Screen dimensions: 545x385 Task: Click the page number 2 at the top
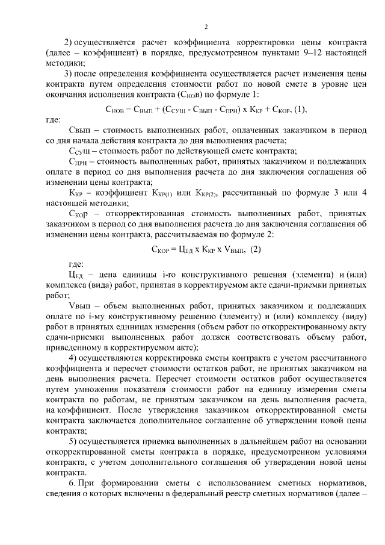pyautogui.click(x=206, y=26)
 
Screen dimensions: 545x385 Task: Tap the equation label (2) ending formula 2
pyautogui.click(x=255, y=249)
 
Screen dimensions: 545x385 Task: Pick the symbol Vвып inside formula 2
pyautogui.click(x=233, y=249)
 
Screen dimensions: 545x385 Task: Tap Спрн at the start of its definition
pyautogui.click(x=79, y=162)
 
